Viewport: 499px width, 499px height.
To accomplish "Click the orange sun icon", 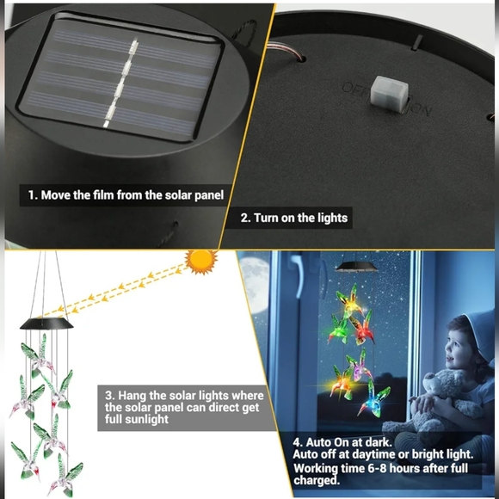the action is [x=200, y=262].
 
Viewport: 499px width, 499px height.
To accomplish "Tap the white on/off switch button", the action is [x=390, y=92].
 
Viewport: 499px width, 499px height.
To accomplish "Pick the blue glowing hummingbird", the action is [x=375, y=397].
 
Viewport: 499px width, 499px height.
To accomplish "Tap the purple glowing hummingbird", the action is [x=359, y=366].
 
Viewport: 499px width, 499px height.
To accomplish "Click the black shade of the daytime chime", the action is [x=46, y=323].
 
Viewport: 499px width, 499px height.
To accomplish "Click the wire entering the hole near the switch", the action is [x=284, y=52].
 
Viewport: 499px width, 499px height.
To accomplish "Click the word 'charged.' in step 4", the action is [x=317, y=480].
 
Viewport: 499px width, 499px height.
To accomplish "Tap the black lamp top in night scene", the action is [x=356, y=266].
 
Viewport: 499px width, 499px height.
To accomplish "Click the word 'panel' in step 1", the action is [x=209, y=195].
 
